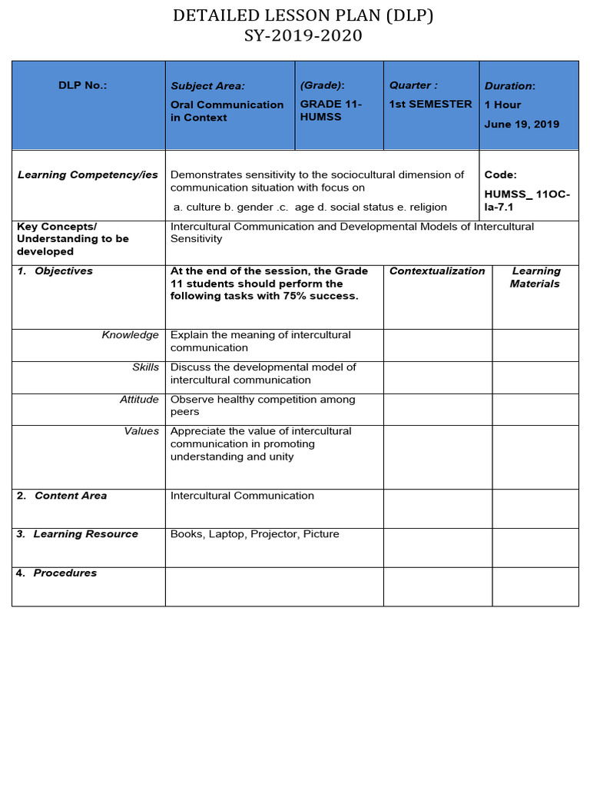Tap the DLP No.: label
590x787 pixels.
pyautogui.click(x=83, y=85)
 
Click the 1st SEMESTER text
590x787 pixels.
pyautogui.click(x=430, y=105)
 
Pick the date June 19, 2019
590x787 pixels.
pyautogui.click(x=522, y=125)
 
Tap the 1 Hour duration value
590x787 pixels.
pyautogui.click(x=502, y=105)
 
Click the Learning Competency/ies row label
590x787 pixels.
pyautogui.click(x=88, y=175)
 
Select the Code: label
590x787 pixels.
pyautogui.click(x=500, y=175)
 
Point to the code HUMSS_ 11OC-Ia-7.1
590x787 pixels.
pyautogui.click(x=527, y=201)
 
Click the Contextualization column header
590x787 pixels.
pyautogui.click(x=437, y=271)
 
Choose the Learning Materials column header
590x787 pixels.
pyautogui.click(x=535, y=277)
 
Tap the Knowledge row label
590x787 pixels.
pyautogui.click(x=130, y=335)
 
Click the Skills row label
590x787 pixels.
pyautogui.click(x=145, y=367)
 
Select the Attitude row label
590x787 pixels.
pyautogui.click(x=139, y=400)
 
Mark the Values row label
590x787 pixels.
pyautogui.click(x=141, y=431)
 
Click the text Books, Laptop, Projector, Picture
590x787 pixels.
pyautogui.click(x=254, y=534)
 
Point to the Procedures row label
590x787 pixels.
pyautogui.click(x=65, y=573)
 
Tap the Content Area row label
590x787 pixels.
pyautogui.click(x=70, y=496)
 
